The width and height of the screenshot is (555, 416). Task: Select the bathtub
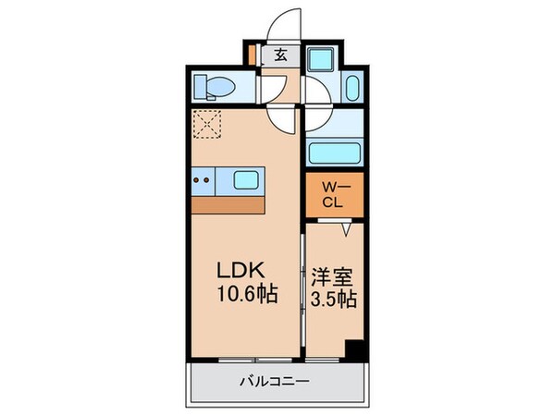click(335, 153)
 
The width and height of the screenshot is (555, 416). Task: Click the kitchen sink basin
click(245, 178)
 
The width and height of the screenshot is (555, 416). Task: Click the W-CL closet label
click(334, 197)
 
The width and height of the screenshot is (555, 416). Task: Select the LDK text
click(242, 271)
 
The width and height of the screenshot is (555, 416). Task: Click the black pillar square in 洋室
click(352, 351)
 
